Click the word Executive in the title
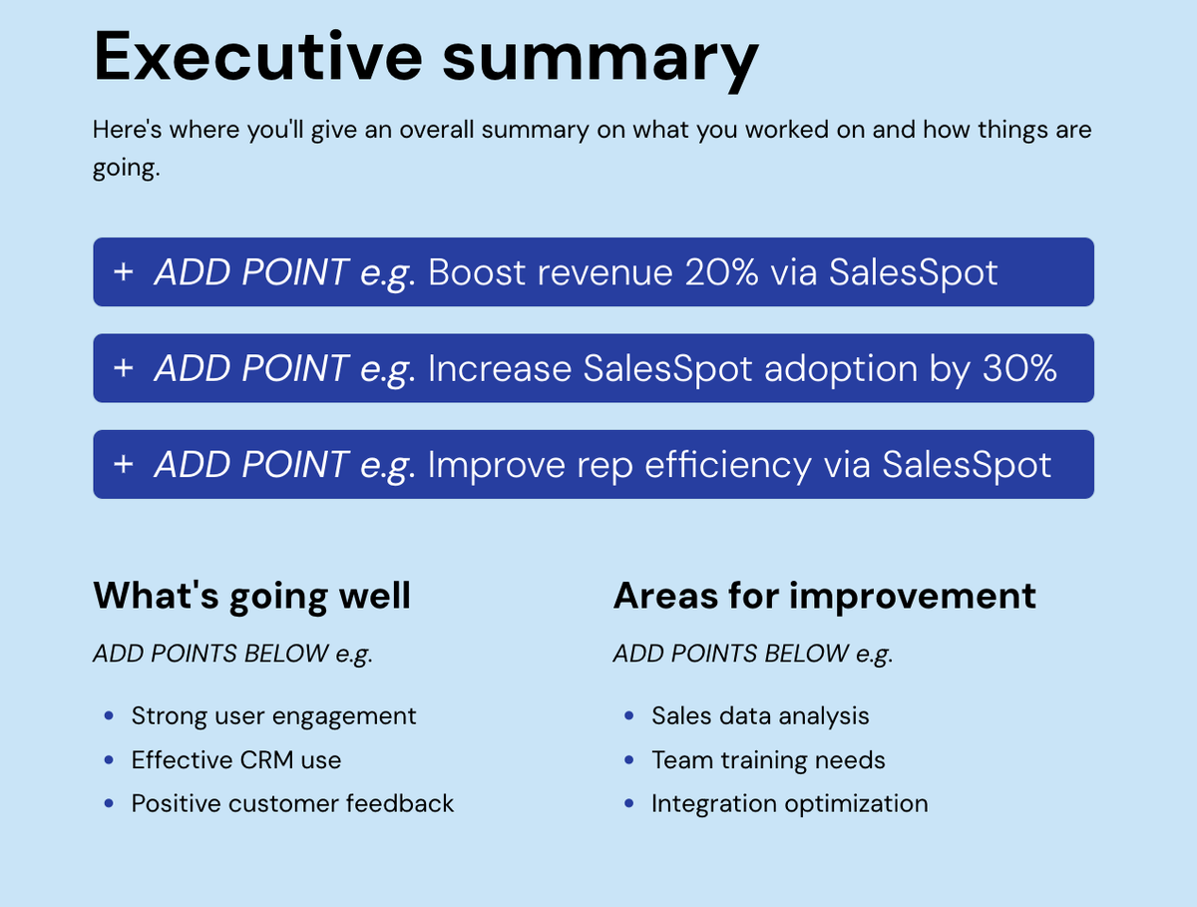[x=258, y=56]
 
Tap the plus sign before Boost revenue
[x=124, y=271]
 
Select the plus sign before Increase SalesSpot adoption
[x=124, y=367]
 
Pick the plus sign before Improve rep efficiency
[x=124, y=464]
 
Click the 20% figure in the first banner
[x=721, y=271]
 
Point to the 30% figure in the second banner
[x=1019, y=368]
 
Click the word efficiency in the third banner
[x=728, y=465]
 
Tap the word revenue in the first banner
[x=605, y=272]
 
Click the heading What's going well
[x=252, y=596]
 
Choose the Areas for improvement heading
[x=825, y=596]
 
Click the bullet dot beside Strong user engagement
[x=109, y=715]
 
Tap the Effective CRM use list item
[x=236, y=759]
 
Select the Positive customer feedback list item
[x=292, y=803]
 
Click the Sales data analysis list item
[x=760, y=716]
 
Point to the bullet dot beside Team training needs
[x=628, y=759]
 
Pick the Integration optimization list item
[x=790, y=804]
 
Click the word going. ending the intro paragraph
[x=126, y=168]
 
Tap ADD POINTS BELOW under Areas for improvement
[x=731, y=654]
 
